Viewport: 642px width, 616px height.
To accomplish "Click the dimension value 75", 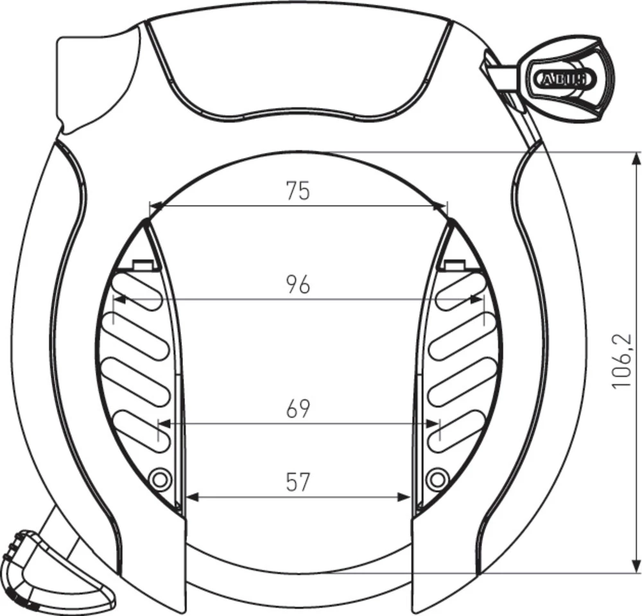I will [x=298, y=191].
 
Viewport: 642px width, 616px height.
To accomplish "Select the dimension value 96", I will [x=298, y=284].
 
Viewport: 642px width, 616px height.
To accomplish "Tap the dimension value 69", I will [x=298, y=409].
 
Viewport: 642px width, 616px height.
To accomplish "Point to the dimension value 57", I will [x=298, y=482].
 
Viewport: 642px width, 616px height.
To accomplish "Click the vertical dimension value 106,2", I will [x=621, y=361].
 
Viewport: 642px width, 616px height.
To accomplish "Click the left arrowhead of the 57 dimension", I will [x=191, y=497].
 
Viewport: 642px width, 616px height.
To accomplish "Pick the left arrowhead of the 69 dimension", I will [x=164, y=423].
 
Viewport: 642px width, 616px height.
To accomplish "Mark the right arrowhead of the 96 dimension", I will [x=476, y=299].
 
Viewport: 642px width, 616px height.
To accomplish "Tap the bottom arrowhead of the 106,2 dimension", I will [x=636, y=566].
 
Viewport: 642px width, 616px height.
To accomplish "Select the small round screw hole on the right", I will [x=437, y=478].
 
